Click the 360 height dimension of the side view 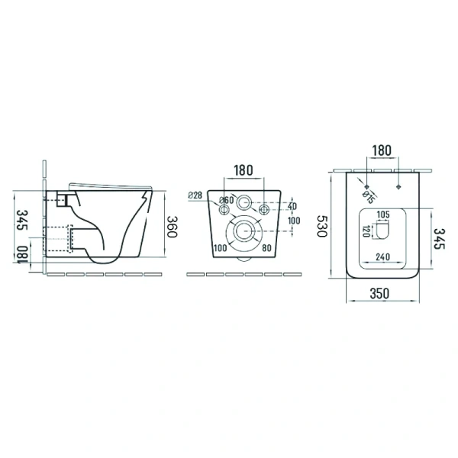coord(172,227)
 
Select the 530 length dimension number coord(322,226)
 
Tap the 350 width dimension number coord(379,294)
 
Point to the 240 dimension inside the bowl coord(382,256)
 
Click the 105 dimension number coord(383,214)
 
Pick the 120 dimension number coord(366,231)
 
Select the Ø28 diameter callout coord(195,195)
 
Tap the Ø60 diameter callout coord(227,200)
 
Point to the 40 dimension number coord(292,206)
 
